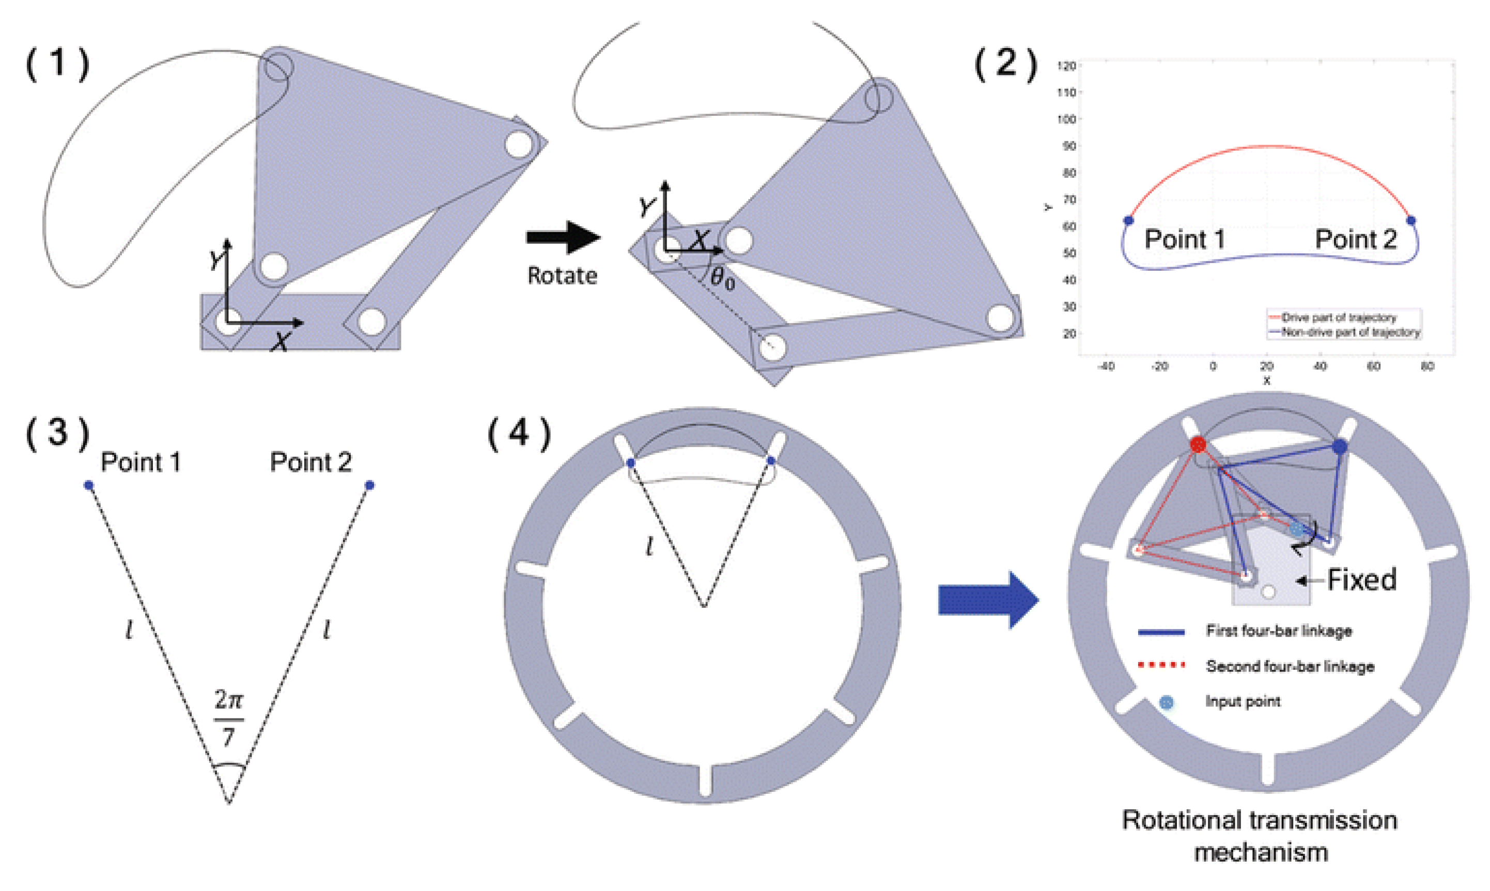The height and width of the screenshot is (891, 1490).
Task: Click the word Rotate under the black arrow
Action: coord(562,275)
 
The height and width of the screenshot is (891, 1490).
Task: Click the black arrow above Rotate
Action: coord(563,237)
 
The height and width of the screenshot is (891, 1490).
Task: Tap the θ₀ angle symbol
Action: coord(722,278)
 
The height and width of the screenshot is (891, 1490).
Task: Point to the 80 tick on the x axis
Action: coord(1427,366)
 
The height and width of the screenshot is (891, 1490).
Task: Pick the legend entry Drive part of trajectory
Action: coord(1338,317)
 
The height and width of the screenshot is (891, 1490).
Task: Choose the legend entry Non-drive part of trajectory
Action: coord(1350,332)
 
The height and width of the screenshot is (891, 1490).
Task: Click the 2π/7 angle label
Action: coord(229,717)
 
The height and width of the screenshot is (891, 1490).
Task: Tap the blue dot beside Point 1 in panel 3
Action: coord(89,485)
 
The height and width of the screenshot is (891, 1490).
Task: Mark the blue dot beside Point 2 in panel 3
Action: coord(369,485)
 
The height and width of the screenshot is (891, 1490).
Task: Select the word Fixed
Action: coord(1361,580)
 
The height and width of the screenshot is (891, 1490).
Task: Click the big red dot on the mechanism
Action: coord(1198,444)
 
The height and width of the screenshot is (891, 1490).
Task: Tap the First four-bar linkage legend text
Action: coord(1279,631)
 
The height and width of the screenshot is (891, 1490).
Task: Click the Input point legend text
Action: coord(1243,701)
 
